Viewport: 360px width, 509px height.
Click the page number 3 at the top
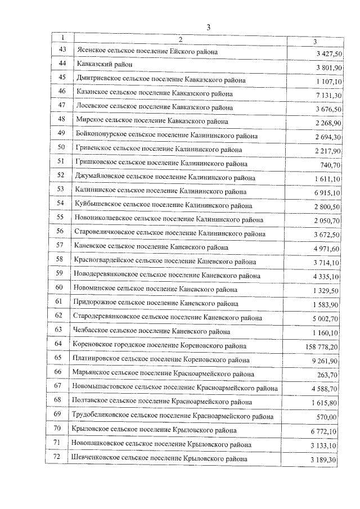(x=208, y=27)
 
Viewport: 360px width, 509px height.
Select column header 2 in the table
(x=180, y=39)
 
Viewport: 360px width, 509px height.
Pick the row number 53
(x=61, y=191)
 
